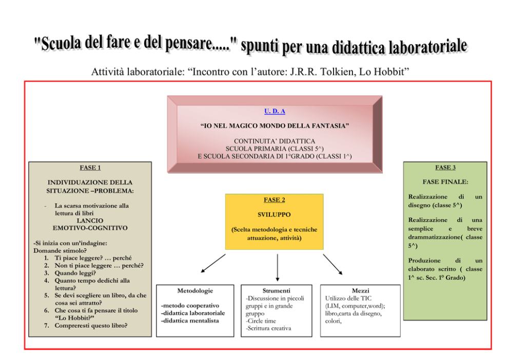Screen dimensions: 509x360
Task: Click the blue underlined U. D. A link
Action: [275, 111]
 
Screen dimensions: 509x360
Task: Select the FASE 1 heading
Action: [90, 168]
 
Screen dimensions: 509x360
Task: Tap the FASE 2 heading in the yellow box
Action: [275, 200]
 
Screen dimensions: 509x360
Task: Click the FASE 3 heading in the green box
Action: [445, 167]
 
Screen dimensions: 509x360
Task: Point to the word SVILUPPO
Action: [275, 215]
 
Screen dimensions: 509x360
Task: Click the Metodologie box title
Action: [195, 291]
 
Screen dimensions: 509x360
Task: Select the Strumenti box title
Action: [276, 291]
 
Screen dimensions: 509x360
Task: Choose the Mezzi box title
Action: [360, 291]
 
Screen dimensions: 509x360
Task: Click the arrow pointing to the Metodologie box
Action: [213, 264]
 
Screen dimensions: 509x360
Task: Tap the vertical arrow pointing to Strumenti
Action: [278, 268]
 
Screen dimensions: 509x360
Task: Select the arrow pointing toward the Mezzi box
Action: [332, 264]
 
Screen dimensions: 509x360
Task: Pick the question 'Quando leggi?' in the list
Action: [75, 273]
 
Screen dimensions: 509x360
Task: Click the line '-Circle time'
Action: [261, 321]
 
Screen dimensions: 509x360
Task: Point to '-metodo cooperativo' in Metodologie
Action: [190, 306]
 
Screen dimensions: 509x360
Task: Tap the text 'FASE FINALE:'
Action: [445, 182]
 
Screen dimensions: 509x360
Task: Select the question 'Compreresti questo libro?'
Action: [91, 326]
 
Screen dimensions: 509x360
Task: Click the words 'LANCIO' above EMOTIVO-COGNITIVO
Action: [90, 221]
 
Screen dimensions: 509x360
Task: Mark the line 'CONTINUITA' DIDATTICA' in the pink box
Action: [275, 141]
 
